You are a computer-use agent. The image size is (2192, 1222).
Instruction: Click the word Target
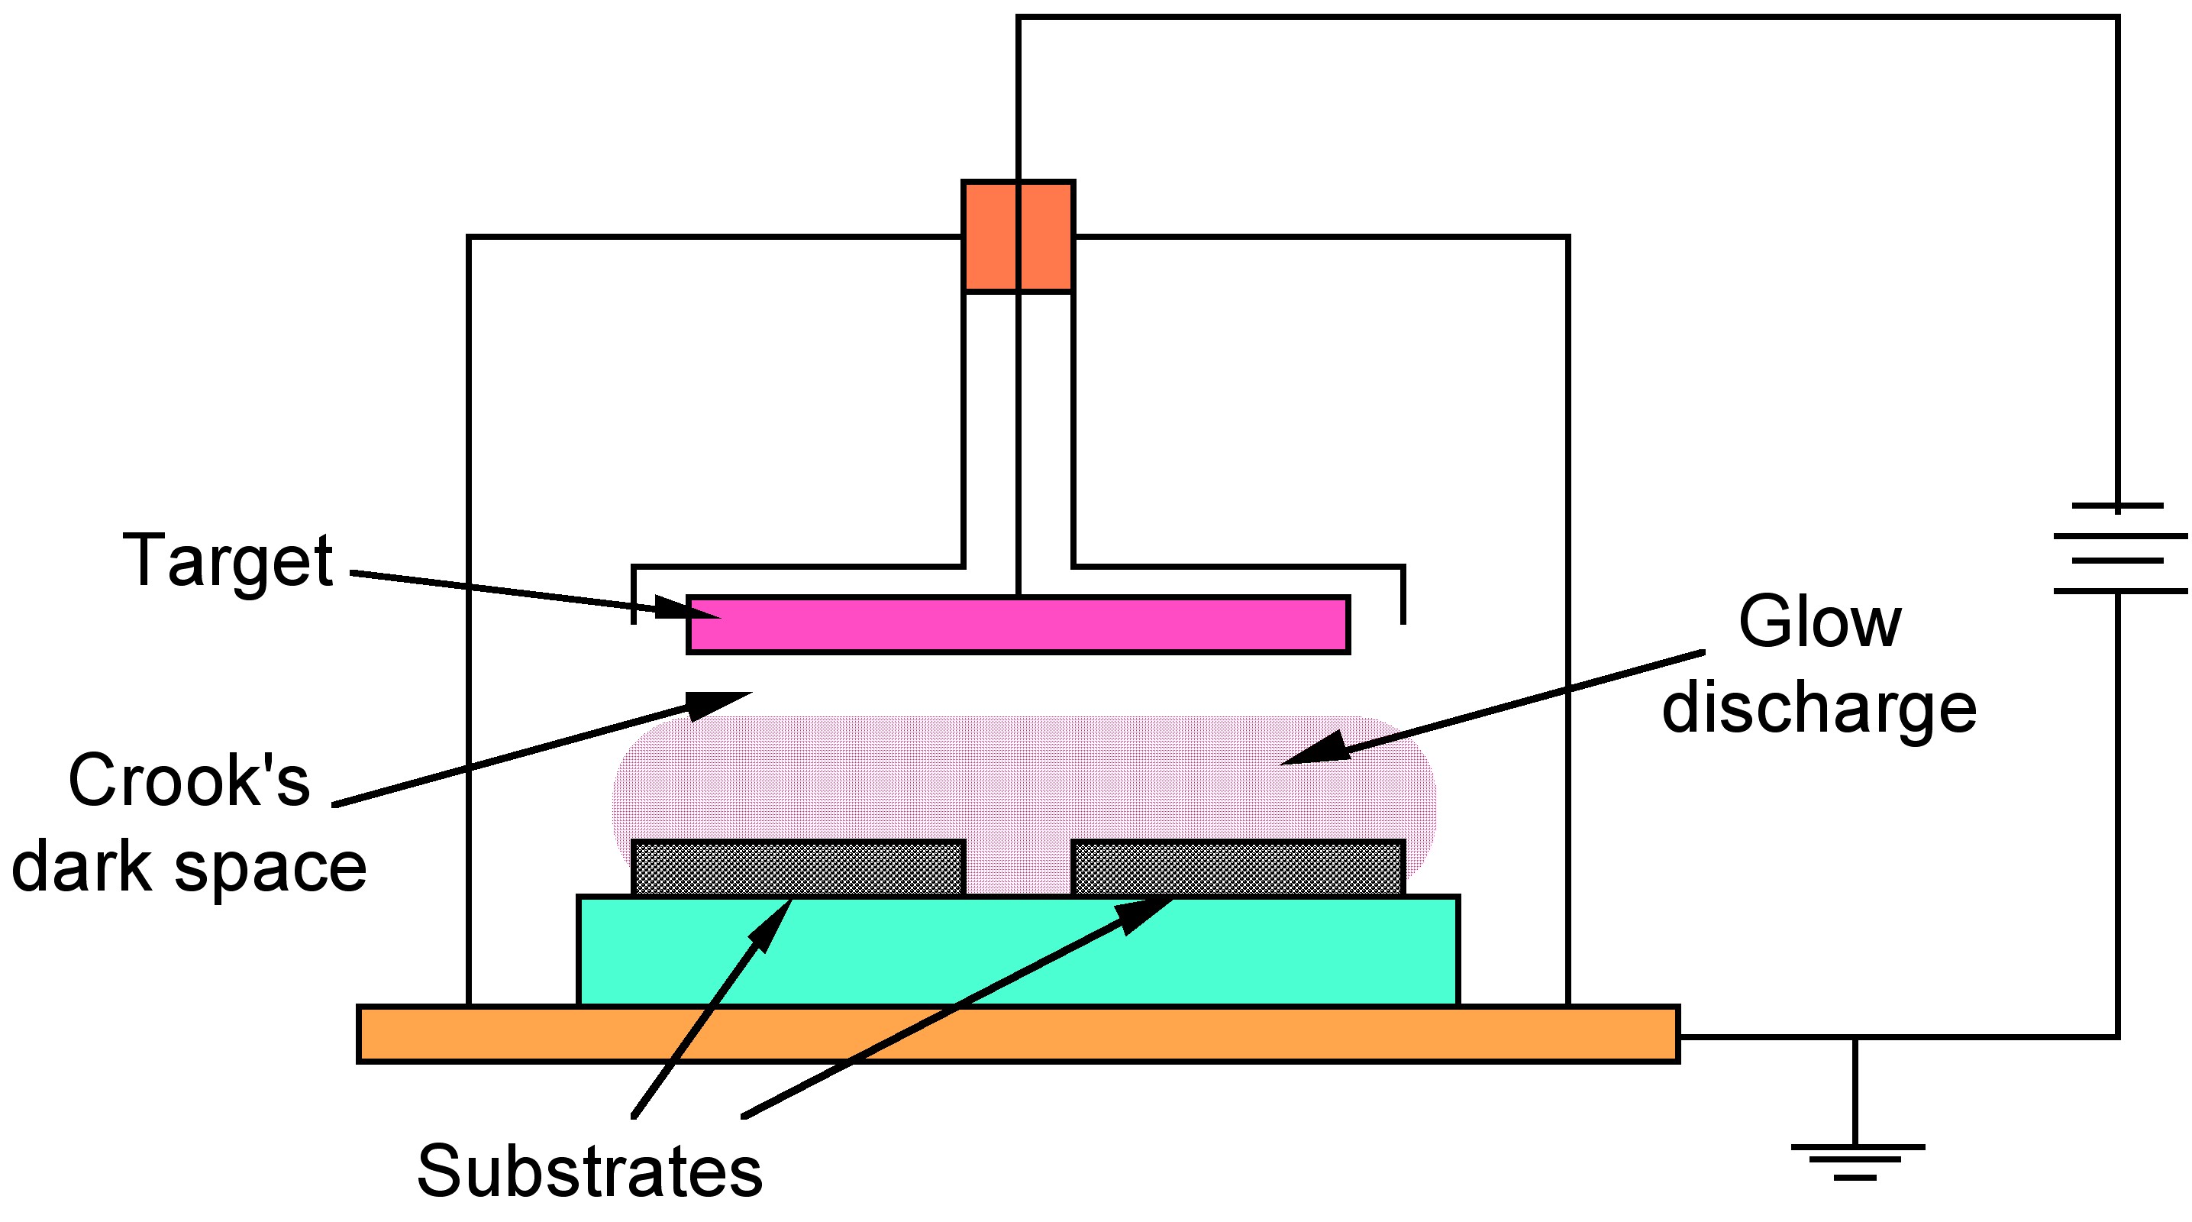tap(228, 561)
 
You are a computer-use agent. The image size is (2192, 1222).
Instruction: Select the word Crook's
tap(189, 781)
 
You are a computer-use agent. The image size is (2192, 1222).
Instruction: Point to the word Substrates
tap(589, 1171)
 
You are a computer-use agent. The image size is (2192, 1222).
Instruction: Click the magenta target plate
tap(1018, 626)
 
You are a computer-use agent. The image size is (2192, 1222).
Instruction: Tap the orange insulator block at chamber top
tap(1018, 237)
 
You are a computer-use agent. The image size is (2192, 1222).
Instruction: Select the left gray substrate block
tap(798, 868)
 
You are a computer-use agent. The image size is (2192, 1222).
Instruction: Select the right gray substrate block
tap(1238, 868)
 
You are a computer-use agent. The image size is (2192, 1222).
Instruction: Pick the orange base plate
tap(1018, 1034)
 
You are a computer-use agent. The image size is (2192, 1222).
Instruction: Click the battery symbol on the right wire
tap(2117, 549)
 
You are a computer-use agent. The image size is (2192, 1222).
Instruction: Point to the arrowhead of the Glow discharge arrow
tap(1315, 750)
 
